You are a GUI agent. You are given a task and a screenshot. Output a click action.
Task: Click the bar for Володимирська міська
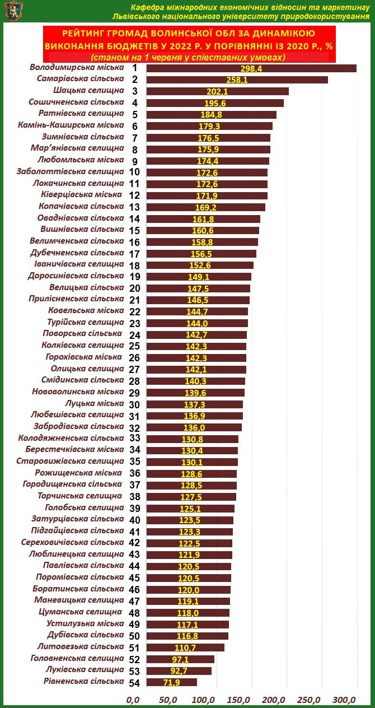point(251,68)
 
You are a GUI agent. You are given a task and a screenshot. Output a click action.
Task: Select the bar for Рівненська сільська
point(171,682)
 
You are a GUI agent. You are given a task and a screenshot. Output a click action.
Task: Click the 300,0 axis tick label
point(344,700)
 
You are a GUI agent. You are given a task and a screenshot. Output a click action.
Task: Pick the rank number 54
point(134,682)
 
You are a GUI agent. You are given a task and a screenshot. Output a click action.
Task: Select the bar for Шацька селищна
point(217,91)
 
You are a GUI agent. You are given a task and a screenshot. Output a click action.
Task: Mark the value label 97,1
point(183,659)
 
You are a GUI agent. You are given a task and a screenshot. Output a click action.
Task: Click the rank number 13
point(134,207)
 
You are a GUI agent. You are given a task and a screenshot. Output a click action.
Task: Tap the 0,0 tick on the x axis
point(133,700)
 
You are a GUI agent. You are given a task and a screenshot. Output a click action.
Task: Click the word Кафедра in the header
point(147,7)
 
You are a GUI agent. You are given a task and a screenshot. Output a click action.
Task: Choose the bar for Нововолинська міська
point(195,393)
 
